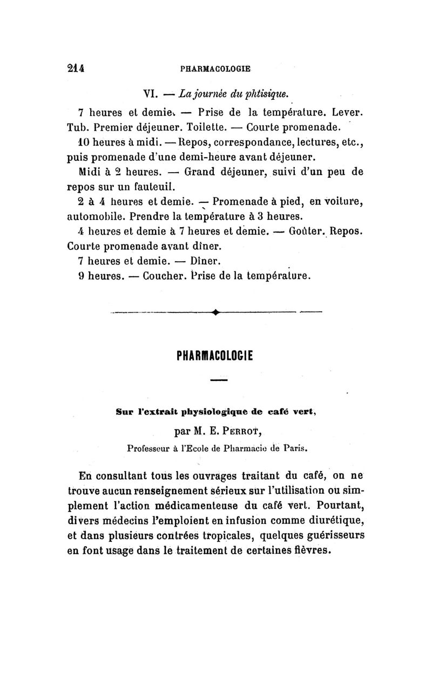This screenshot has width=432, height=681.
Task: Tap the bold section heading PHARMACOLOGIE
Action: (215, 357)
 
